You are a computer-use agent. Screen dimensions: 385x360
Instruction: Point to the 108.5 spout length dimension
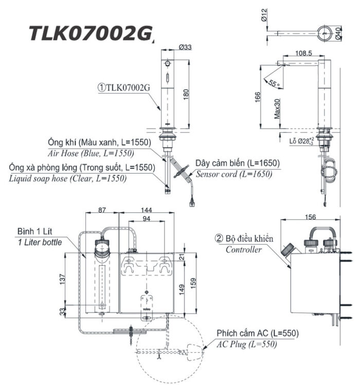pyautogui.click(x=303, y=53)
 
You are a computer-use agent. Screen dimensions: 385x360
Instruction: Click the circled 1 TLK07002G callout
pyautogui.click(x=124, y=88)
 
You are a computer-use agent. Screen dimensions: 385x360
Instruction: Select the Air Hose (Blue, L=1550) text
pyautogui.click(x=92, y=153)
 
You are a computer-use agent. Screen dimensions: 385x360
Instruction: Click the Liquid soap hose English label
pyautogui.click(x=68, y=178)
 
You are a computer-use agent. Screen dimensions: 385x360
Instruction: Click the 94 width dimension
pyautogui.click(x=147, y=218)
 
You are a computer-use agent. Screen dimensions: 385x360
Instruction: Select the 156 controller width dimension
pyautogui.click(x=311, y=217)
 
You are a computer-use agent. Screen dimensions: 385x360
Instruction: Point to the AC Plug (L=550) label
pyautogui.click(x=246, y=344)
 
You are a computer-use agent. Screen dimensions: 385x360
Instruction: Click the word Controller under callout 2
pyautogui.click(x=244, y=250)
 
